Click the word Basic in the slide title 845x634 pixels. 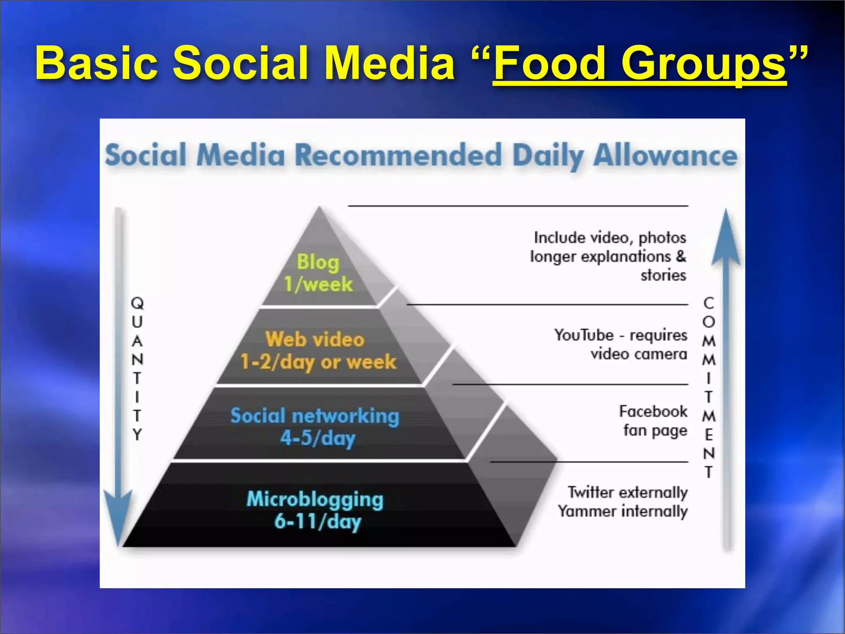pos(97,63)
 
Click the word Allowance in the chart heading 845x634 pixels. pos(665,156)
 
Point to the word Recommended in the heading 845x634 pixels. pos(398,156)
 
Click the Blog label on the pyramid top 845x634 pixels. pos(318,262)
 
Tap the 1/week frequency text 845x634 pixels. pos(319,284)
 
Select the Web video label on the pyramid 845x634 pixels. pos(315,339)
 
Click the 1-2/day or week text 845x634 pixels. pos(318,362)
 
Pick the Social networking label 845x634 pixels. pos(315,416)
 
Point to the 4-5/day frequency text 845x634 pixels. pos(318,438)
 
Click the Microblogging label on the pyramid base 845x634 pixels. pos(315,499)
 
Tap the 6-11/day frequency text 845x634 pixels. pos(318,521)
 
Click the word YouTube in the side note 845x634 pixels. pos(584,335)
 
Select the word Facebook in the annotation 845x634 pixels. pos(653,412)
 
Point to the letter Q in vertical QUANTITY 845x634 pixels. pos(137,303)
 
